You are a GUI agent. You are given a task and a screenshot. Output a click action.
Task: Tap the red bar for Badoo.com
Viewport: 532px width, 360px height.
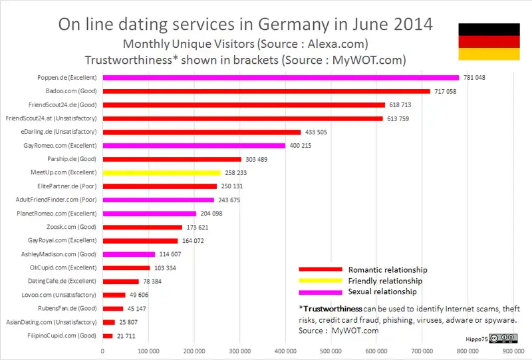tap(266, 91)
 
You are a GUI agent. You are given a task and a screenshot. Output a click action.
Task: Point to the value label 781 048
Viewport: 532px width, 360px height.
tap(474, 78)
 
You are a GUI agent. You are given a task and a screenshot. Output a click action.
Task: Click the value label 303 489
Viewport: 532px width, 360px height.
tap(257, 159)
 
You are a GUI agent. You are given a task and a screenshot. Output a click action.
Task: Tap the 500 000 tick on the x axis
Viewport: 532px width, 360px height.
tap(331, 350)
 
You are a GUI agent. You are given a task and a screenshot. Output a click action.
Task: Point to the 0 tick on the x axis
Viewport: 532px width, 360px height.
tap(102, 350)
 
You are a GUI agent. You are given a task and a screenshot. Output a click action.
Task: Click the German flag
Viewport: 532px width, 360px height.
tap(489, 41)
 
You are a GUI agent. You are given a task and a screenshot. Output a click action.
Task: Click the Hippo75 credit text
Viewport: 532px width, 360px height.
tap(472, 339)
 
